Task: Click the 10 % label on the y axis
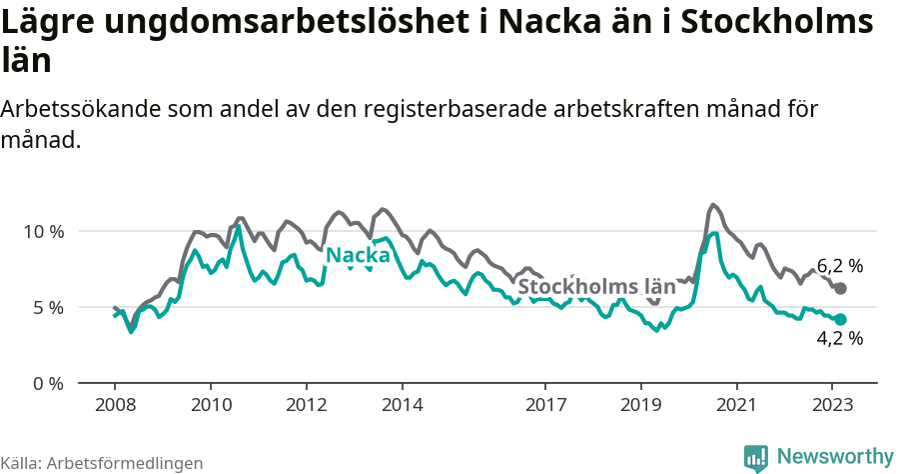[x=43, y=231]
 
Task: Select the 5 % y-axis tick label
[x=48, y=307]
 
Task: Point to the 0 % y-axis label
[x=48, y=383]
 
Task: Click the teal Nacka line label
[x=358, y=256]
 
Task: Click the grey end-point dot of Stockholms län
[x=840, y=288]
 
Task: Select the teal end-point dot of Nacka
[x=840, y=320]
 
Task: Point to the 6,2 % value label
[x=839, y=266]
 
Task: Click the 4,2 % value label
[x=839, y=339]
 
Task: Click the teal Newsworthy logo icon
[x=756, y=458]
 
